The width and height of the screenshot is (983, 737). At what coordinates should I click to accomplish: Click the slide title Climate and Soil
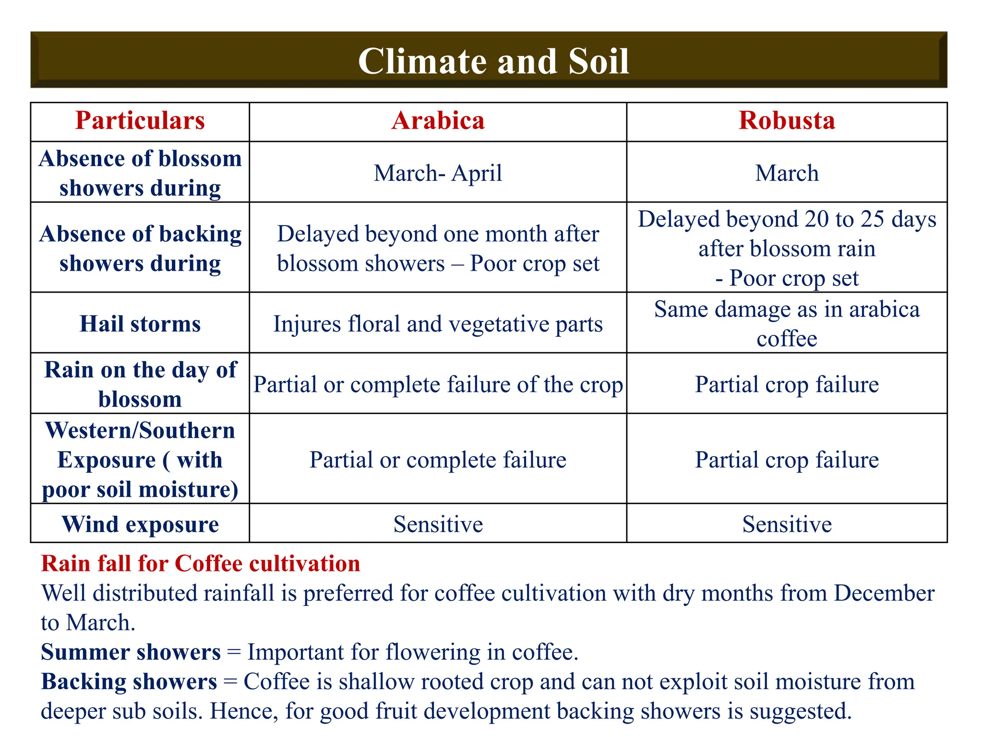point(493,61)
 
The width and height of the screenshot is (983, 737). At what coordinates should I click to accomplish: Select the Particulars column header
point(140,120)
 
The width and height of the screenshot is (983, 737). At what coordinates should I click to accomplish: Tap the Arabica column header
point(438,120)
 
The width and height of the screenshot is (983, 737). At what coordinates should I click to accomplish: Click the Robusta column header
point(786,120)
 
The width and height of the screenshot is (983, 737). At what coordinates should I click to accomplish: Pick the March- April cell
point(438,173)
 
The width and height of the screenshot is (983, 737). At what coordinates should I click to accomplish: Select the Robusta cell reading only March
point(786,173)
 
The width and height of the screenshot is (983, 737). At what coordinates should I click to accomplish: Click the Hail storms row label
point(140,324)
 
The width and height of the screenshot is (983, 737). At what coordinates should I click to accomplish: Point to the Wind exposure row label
point(140,524)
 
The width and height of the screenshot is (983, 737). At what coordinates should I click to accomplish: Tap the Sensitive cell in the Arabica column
point(438,524)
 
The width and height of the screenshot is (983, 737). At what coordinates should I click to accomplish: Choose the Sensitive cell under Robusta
point(786,524)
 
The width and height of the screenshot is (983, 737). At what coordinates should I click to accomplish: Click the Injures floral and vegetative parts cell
point(438,324)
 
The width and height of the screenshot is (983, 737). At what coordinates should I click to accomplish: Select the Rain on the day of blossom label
point(140,384)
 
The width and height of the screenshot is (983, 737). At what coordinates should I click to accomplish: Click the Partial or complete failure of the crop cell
point(438,384)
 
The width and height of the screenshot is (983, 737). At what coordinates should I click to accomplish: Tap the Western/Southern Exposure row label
point(140,460)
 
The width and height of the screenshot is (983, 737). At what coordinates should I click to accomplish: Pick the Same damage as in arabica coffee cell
point(786,324)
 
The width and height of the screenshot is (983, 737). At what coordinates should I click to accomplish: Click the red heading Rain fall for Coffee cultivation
point(200,563)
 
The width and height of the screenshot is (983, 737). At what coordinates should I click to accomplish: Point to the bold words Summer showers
point(131,652)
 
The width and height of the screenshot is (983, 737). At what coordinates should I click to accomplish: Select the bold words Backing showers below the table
point(129,682)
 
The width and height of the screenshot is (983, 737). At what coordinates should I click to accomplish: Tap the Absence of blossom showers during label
point(140,173)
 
